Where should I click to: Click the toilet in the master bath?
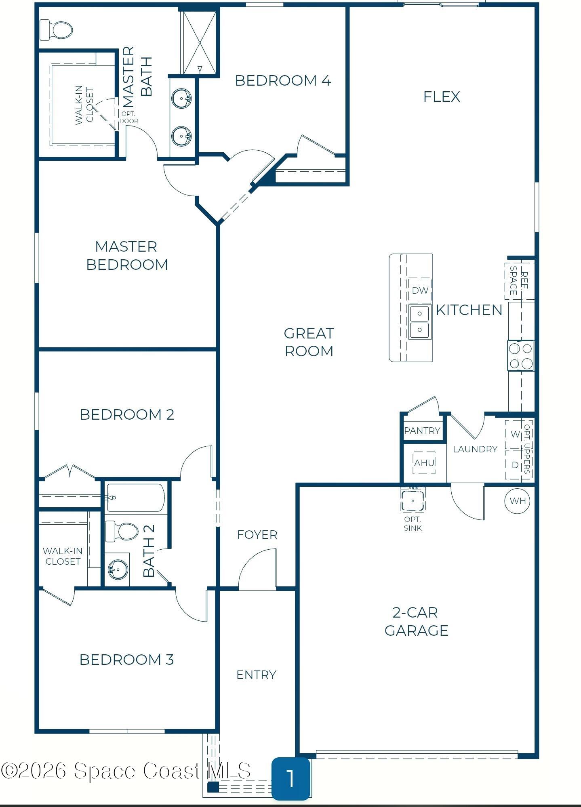click(56, 30)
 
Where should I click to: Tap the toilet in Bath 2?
click(122, 531)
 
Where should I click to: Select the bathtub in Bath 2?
click(135, 498)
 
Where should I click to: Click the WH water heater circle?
click(518, 501)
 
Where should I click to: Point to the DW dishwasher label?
click(420, 290)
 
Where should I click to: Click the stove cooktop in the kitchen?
click(521, 355)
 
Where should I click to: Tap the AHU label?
click(424, 462)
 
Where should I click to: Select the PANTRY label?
click(422, 431)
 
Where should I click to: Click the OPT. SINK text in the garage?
click(413, 523)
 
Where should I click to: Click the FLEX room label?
click(442, 97)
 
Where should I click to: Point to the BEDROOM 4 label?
click(283, 80)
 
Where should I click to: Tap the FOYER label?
click(257, 535)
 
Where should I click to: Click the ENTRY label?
click(257, 675)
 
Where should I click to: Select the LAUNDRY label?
click(475, 449)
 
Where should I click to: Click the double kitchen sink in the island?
click(420, 322)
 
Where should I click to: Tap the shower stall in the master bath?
click(200, 42)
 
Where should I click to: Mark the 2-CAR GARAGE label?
click(416, 621)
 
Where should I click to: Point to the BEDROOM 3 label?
click(126, 660)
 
